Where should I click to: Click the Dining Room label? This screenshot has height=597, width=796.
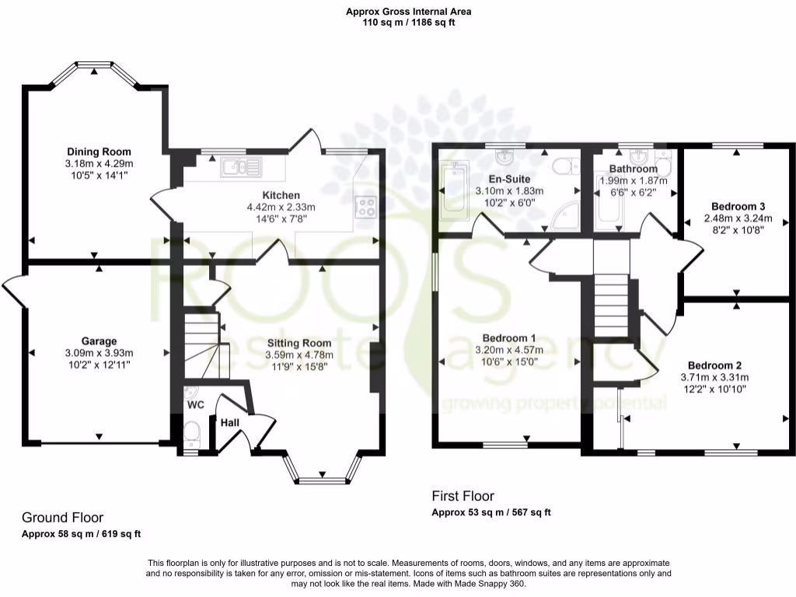99,152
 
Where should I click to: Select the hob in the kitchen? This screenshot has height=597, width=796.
365,207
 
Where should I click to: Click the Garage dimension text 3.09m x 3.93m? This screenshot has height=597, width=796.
99,352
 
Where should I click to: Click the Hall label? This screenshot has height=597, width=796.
230,422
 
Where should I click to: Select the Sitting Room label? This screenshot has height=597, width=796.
299,343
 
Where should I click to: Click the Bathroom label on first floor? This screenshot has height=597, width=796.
633,169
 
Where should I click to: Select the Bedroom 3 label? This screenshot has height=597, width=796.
735,207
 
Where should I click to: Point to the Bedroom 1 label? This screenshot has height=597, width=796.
509,338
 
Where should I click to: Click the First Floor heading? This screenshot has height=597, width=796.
463,496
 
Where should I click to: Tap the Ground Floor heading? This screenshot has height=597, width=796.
62,518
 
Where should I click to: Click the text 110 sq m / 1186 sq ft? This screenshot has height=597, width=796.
409,23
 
